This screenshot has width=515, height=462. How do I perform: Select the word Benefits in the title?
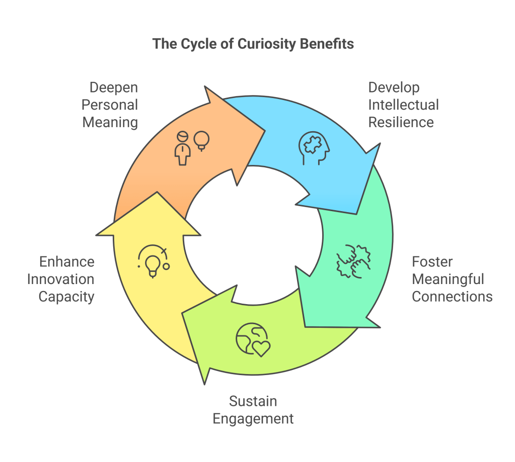pyautogui.click(x=327, y=44)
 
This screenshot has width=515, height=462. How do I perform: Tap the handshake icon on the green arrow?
pyautogui.click(x=353, y=260)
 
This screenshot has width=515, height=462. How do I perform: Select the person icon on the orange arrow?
pyautogui.click(x=183, y=147)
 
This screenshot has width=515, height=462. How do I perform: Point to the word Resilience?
pyautogui.click(x=401, y=122)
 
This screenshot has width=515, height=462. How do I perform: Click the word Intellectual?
pyautogui.click(x=404, y=105)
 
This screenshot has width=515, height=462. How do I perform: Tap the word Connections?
pyautogui.click(x=452, y=296)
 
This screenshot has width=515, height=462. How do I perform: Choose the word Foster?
pyautogui.click(x=432, y=262)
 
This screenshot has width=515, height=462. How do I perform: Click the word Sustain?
pyautogui.click(x=253, y=401)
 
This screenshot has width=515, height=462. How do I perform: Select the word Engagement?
pyautogui.click(x=253, y=418)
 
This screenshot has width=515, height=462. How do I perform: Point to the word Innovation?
pyautogui.click(x=60, y=279)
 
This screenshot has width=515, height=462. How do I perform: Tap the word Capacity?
pyautogui.click(x=66, y=297)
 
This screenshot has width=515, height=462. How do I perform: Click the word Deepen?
pyautogui.click(x=114, y=87)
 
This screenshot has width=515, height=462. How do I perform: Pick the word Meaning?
pyautogui.click(x=110, y=122)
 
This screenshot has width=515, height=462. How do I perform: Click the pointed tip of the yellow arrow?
pyautogui.click(x=157, y=193)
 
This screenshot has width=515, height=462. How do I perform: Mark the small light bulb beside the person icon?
pyautogui.click(x=202, y=139)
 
